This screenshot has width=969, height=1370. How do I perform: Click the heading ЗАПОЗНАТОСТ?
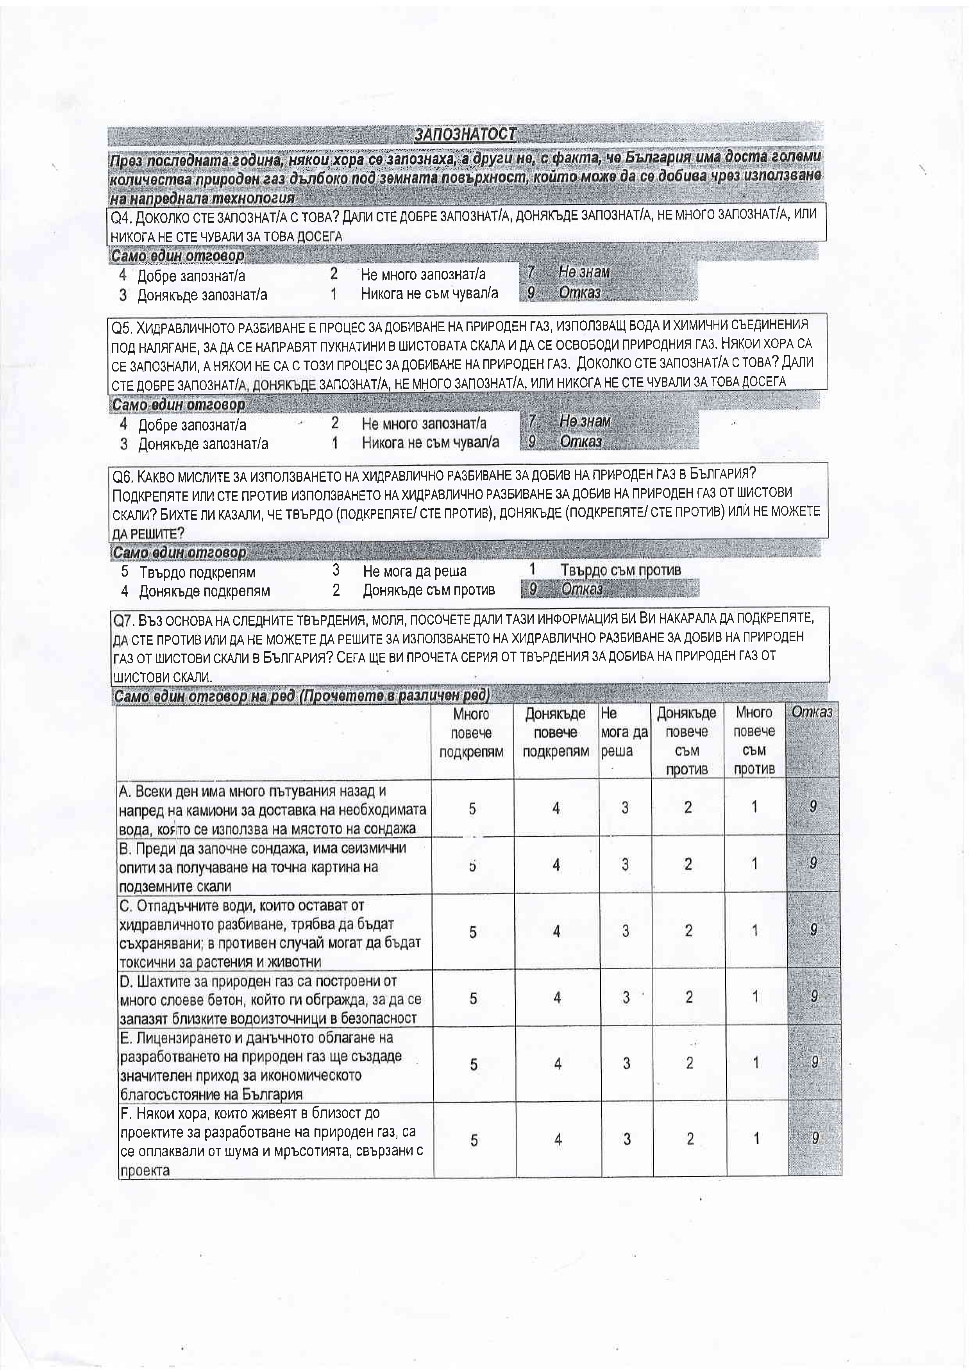[x=465, y=134]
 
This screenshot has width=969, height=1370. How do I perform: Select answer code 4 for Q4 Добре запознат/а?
[x=123, y=275]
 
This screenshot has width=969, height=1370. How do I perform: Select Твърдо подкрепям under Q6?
[x=197, y=573]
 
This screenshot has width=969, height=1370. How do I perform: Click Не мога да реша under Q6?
[x=415, y=572]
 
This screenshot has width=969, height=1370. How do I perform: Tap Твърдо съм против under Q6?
[x=620, y=570]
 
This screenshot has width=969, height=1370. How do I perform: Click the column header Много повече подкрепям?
[x=471, y=733]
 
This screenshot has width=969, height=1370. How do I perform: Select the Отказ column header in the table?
[x=812, y=712]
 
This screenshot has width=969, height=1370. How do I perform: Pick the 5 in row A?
[x=472, y=809]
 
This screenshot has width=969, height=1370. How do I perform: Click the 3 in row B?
[x=625, y=865]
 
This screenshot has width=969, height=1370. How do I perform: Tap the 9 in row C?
[x=813, y=930]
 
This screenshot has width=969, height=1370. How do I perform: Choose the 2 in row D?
[x=689, y=997]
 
